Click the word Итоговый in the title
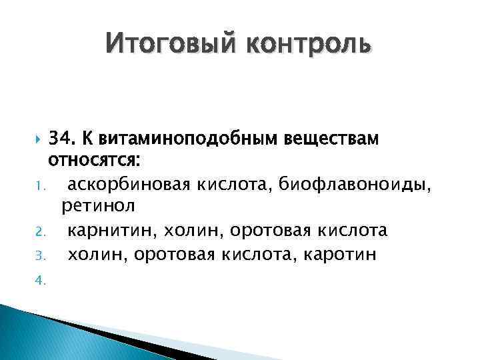[173, 45]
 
